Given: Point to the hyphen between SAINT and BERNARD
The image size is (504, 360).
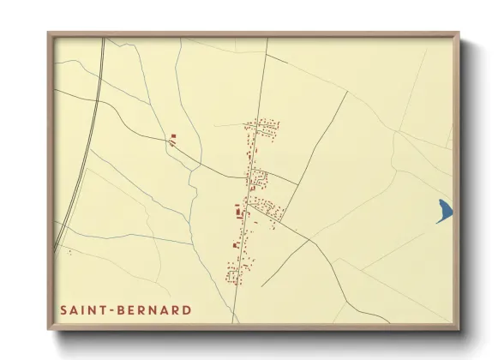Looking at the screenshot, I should [x=114, y=309].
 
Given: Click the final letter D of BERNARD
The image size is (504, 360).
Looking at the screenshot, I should [x=187, y=309].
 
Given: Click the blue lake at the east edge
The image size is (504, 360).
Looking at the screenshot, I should [x=444, y=209].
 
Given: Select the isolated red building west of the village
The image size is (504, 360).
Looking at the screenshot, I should [x=173, y=135].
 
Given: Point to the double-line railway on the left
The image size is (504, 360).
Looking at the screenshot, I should [x=81, y=146].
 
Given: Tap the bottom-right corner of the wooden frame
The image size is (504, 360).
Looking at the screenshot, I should [x=459, y=331].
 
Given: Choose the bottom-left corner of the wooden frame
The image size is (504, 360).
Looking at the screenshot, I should [x=49, y=331].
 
